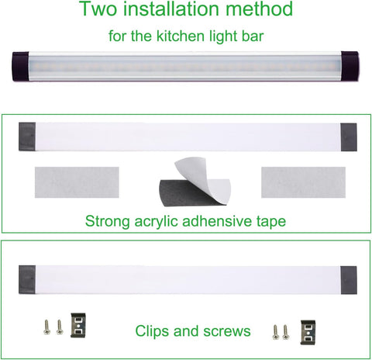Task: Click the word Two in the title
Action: (96, 11)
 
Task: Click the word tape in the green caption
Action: (268, 222)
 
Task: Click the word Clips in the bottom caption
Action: (153, 331)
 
